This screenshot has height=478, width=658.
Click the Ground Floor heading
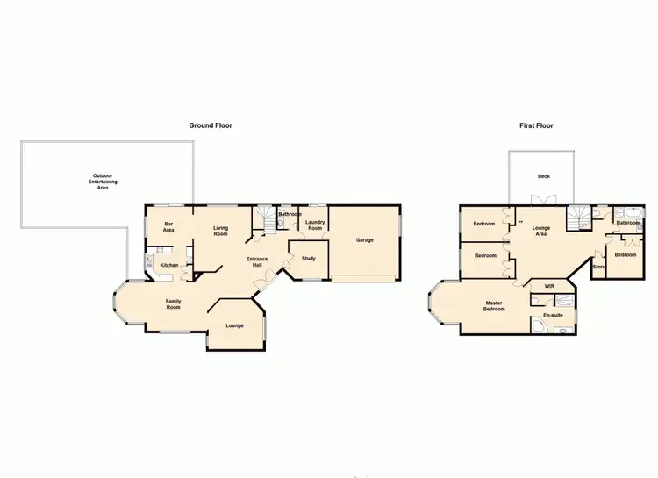click(x=211, y=125)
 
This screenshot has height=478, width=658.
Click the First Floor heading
click(x=536, y=125)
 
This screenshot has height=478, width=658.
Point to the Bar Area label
click(x=168, y=227)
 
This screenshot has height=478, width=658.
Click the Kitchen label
click(x=169, y=265)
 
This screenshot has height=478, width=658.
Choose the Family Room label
click(x=174, y=304)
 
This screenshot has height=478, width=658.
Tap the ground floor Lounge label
click(x=234, y=325)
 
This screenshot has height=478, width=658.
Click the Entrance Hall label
click(x=257, y=262)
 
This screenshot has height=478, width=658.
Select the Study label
click(x=308, y=259)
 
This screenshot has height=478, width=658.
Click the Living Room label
click(x=220, y=231)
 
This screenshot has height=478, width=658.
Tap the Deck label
click(x=544, y=176)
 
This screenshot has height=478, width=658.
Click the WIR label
click(x=549, y=286)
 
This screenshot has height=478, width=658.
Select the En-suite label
click(x=553, y=314)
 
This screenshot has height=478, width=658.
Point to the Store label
click(x=599, y=266)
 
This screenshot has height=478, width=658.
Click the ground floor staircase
click(x=263, y=218)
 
